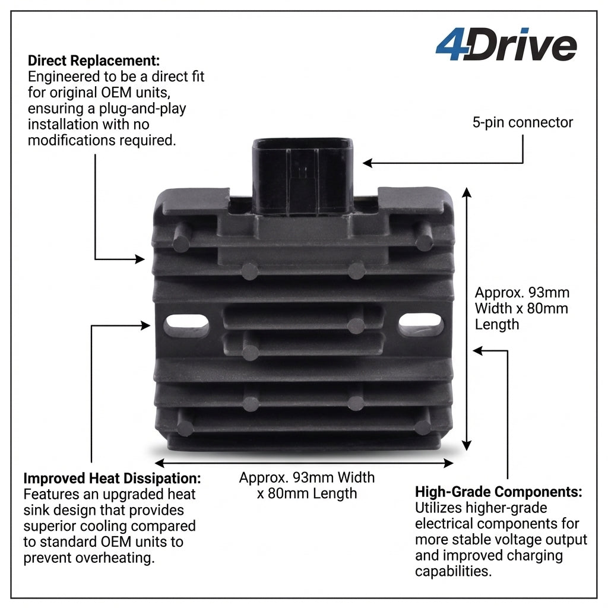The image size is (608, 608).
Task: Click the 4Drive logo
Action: point(506,46)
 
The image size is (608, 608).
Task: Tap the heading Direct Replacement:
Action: point(94,61)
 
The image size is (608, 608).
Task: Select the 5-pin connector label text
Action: point(522,123)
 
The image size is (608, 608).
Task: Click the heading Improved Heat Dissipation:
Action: point(112,479)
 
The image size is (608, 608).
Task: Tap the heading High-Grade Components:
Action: point(498,492)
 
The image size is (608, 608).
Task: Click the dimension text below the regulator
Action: point(306,485)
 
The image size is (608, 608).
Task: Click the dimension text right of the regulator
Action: point(521,308)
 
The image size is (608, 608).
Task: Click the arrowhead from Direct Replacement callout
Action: point(140,259)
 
